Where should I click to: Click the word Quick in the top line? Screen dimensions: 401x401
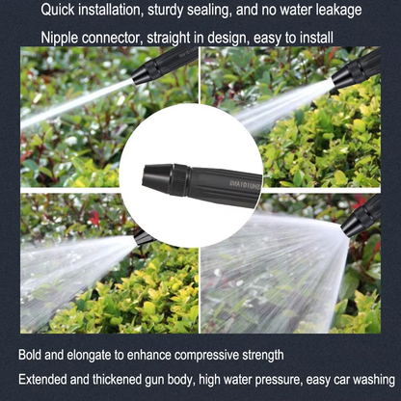[60, 11]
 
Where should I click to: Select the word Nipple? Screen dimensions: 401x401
[61, 39]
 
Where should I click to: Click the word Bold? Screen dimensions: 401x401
[31, 354]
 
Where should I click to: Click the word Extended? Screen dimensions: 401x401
[45, 380]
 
